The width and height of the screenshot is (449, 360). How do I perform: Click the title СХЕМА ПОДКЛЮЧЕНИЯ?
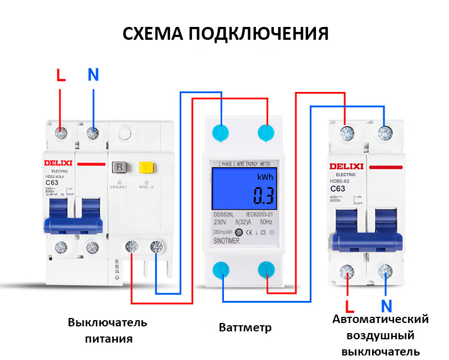click(x=225, y=34)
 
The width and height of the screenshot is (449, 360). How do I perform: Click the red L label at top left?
click(x=61, y=75)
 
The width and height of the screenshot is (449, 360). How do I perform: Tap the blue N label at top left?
click(x=93, y=75)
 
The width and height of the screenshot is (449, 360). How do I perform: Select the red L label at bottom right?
click(x=350, y=307)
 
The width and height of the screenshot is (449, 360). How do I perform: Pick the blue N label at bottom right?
click(x=386, y=307)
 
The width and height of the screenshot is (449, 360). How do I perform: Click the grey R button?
click(x=120, y=167)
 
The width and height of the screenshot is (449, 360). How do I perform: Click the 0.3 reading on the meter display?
click(x=262, y=196)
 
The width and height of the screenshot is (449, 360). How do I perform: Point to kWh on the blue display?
click(x=264, y=177)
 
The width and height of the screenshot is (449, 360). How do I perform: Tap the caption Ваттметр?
click(x=245, y=327)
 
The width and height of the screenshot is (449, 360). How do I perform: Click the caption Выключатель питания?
click(x=108, y=330)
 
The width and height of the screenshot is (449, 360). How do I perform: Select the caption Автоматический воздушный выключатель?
click(x=381, y=335)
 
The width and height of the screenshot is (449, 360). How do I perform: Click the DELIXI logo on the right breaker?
click(x=346, y=167)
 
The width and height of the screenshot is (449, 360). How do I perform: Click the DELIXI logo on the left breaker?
click(x=59, y=163)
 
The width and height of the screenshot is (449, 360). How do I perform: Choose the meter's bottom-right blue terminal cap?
click(x=267, y=269)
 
